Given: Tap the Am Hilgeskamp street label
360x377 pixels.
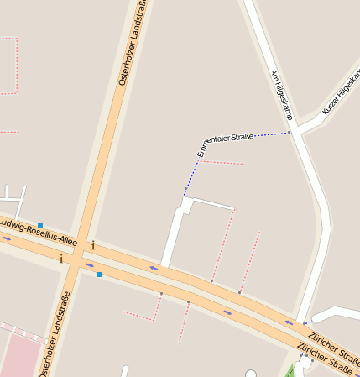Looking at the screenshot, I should (x=281, y=92).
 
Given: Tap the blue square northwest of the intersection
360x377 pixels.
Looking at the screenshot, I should (x=40, y=225).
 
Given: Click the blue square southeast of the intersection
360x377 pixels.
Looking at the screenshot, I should (x=99, y=275).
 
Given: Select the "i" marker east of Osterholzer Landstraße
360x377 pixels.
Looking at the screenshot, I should (x=93, y=246).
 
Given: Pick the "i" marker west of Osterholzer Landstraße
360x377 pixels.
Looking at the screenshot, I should (x=61, y=259).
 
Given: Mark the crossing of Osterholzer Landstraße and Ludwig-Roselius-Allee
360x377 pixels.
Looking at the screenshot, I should (x=76, y=254).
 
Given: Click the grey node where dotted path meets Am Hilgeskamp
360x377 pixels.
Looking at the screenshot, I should (x=290, y=132).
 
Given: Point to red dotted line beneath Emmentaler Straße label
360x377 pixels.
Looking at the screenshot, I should (x=221, y=162).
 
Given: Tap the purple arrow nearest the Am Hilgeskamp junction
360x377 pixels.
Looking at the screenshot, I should (x=290, y=322).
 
